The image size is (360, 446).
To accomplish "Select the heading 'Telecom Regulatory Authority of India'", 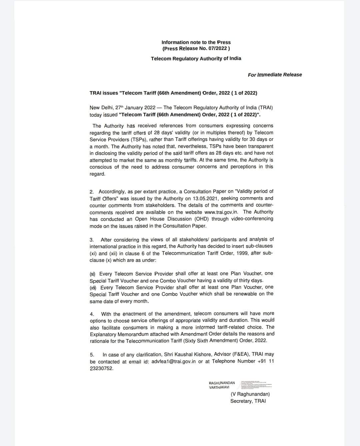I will point(196,59).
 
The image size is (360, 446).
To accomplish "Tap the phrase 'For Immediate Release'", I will point(275,75).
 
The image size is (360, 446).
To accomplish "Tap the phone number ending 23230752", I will point(102,368).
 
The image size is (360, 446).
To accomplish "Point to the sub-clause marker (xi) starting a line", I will point(93,274).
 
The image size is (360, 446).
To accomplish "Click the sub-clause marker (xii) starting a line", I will point(93,287).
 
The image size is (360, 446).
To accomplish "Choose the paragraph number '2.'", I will point(92,192).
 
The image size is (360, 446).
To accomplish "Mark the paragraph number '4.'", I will point(92,314).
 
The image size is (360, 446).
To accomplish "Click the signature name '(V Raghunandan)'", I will point(250,394).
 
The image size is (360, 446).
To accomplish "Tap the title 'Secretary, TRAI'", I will point(248,401).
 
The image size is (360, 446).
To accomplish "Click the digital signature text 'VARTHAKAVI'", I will point(219,387).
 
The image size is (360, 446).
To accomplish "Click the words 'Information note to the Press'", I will point(196,42).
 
